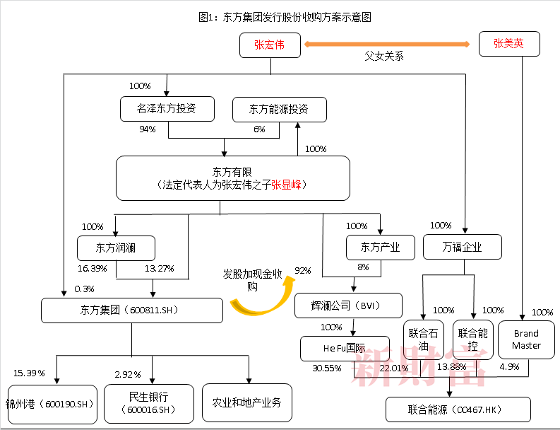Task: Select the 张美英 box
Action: click(509, 44)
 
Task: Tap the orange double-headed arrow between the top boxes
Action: click(388, 44)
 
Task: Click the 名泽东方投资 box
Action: click(167, 109)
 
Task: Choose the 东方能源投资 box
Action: click(279, 109)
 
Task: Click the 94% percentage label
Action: click(148, 129)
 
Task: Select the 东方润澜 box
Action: click(116, 248)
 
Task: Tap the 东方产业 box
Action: click(380, 248)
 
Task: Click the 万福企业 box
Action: click(463, 248)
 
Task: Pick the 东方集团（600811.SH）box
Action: click(131, 310)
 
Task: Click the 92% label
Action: click(303, 270)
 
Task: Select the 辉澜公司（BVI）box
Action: click(348, 306)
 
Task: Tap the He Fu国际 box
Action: click(345, 348)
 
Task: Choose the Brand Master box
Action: click(525, 339)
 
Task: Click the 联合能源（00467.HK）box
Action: click(458, 409)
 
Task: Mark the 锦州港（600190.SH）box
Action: click(52, 404)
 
